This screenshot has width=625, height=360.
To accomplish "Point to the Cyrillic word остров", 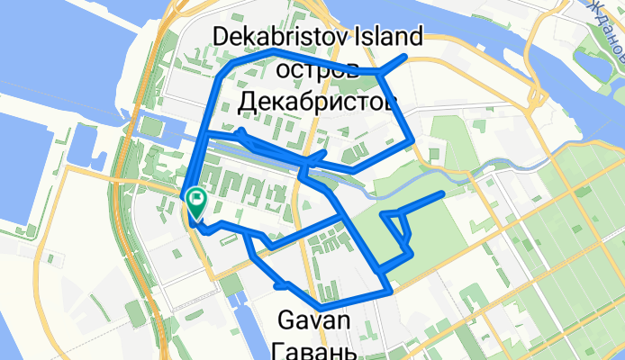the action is click(x=317, y=69).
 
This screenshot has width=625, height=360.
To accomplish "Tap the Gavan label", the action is click(x=312, y=319).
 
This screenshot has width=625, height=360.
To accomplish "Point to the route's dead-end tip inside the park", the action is click(x=441, y=193).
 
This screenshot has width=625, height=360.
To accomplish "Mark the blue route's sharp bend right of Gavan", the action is click(x=389, y=291).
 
